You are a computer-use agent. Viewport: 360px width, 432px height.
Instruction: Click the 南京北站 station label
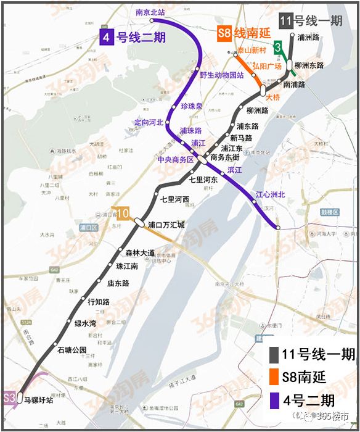coord(150,12)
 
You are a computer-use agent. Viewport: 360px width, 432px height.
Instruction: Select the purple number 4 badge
coord(107,37)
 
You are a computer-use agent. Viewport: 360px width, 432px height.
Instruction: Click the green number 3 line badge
coord(279,46)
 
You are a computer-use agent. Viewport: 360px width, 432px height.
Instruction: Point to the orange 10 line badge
coord(123,213)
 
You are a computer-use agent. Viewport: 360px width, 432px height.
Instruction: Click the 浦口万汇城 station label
coord(166,225)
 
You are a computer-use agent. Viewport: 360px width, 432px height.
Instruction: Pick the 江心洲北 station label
coord(271,195)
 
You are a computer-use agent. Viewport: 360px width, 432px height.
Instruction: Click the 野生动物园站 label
coord(222,75)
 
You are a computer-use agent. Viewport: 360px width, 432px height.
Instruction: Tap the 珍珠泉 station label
coord(191,106)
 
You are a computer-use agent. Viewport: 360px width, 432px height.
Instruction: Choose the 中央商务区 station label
coord(176,159)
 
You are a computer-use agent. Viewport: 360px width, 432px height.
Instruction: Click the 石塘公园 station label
coord(72,350)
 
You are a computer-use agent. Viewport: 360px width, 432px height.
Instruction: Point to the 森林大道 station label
coord(140,252)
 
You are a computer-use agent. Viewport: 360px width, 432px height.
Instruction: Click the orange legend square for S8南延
coord(274,376)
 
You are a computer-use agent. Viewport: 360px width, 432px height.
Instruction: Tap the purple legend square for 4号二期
coord(274,398)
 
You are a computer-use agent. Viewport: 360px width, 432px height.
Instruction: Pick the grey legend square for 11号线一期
coord(274,354)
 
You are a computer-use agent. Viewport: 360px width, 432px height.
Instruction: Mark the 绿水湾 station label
coord(86,323)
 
